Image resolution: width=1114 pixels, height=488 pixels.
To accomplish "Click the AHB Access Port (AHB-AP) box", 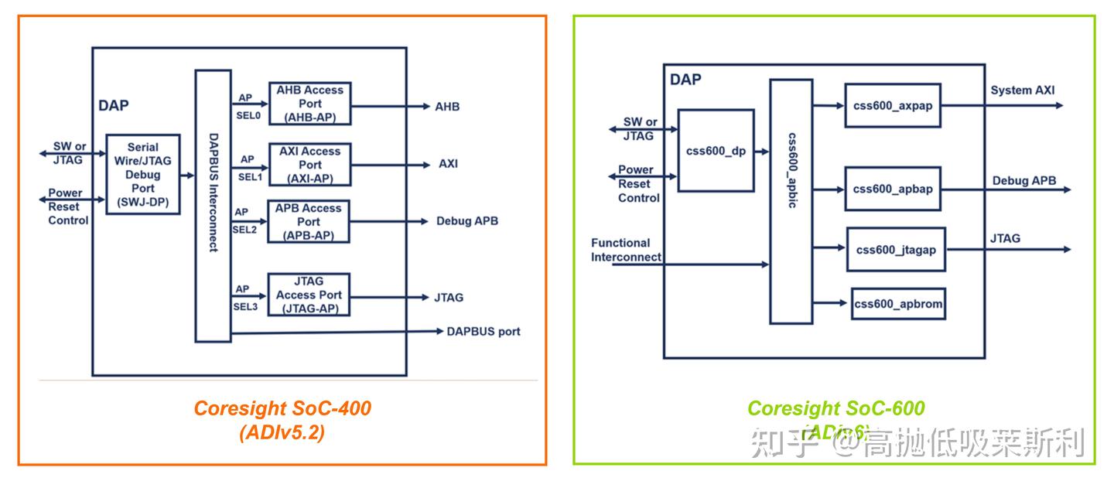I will tap(309, 104).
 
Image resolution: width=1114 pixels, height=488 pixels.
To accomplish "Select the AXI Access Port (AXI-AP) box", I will tap(309, 165).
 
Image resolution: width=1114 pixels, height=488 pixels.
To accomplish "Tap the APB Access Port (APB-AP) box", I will tap(309, 222).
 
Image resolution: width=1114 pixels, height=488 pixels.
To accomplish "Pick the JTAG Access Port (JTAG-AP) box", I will tap(309, 295).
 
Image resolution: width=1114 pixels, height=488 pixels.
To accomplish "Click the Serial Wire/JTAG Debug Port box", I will tap(142, 175).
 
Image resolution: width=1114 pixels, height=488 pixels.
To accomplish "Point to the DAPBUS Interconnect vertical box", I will tap(213, 206).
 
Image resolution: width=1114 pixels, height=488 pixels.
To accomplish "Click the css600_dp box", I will tap(716, 151).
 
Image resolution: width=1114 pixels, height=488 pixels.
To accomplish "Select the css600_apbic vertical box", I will tap(791, 201).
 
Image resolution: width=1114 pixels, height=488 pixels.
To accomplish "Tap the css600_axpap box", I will tap(893, 106).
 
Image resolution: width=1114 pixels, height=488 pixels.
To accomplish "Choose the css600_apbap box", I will tap(893, 189).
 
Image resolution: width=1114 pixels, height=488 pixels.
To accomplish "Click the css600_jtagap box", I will tap(896, 249).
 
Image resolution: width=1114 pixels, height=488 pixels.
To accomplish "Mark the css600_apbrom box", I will tap(898, 304).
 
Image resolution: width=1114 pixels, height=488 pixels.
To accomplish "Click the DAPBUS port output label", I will tap(484, 332).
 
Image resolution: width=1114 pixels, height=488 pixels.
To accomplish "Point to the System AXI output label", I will tap(1022, 90).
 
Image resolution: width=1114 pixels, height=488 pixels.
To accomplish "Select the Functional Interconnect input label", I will tap(626, 250).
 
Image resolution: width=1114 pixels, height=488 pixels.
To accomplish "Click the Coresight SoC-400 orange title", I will tap(282, 408).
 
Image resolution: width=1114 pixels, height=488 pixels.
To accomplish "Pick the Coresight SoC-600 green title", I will tap(835, 408).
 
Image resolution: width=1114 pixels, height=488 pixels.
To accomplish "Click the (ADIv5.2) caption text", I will tap(282, 433).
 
